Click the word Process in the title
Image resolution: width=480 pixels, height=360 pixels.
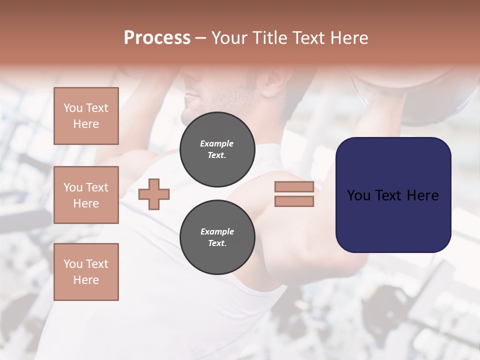click(x=157, y=38)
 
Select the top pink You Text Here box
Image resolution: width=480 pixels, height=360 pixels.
click(x=86, y=116)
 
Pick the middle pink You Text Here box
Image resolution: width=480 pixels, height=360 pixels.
click(x=86, y=195)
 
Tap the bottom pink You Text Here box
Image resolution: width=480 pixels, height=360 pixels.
click(x=86, y=272)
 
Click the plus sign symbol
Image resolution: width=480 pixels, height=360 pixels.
click(x=154, y=194)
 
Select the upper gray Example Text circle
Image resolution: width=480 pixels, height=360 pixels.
click(x=217, y=149)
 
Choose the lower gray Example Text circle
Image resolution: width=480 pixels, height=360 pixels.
click(x=217, y=237)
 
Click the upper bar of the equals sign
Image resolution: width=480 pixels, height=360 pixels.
click(x=294, y=187)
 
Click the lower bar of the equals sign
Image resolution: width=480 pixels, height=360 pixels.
click(x=294, y=201)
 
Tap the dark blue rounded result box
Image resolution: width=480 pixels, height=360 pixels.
click(x=393, y=195)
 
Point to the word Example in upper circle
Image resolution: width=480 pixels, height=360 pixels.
click(x=217, y=143)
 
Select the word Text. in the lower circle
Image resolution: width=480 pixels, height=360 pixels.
click(x=217, y=243)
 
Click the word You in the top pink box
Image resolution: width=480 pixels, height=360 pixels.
click(x=72, y=108)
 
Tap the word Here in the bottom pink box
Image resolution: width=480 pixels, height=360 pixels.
click(x=86, y=280)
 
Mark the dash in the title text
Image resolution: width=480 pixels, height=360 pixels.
click(x=201, y=38)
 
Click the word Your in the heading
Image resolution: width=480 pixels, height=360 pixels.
click(x=229, y=38)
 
